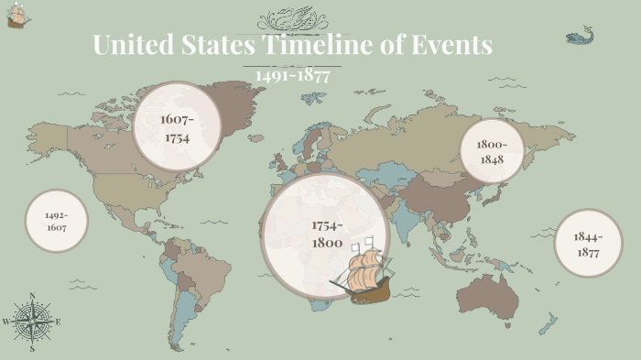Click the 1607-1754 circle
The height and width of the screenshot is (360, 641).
tap(179, 127)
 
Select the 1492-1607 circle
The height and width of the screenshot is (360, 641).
tap(57, 221)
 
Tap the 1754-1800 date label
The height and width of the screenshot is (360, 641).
tap(326, 235)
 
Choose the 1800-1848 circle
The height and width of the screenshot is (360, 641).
tap(490, 151)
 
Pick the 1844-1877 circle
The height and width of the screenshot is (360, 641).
tap(588, 244)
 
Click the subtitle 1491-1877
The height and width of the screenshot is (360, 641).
tap(293, 75)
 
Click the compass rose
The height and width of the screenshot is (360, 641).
tap(32, 322)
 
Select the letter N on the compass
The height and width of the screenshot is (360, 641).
tap(32, 296)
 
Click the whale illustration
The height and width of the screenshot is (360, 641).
tap(578, 38)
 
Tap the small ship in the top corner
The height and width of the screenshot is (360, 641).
tap(16, 16)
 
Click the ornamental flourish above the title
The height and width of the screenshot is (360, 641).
tap(292, 19)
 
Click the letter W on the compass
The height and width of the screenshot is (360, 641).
tap(6, 322)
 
